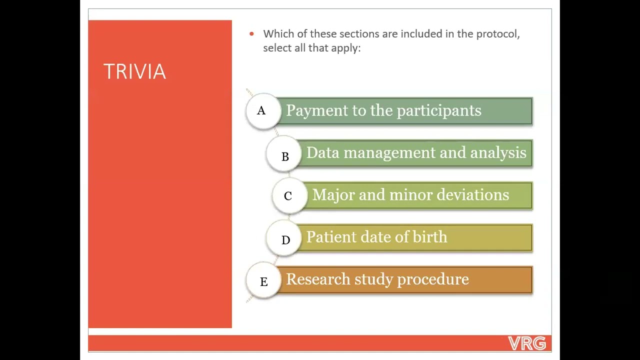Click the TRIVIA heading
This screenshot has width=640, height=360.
coord(134,72)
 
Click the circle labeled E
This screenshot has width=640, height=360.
coord(263,281)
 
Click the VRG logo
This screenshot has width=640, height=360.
coord(526,343)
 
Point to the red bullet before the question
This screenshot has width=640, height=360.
coord(251,34)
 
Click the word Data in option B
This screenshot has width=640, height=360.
coord(322,153)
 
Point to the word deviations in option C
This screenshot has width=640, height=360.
coord(472,195)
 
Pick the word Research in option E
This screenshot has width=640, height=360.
coord(317,279)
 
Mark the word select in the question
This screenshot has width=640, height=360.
coord(277,48)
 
